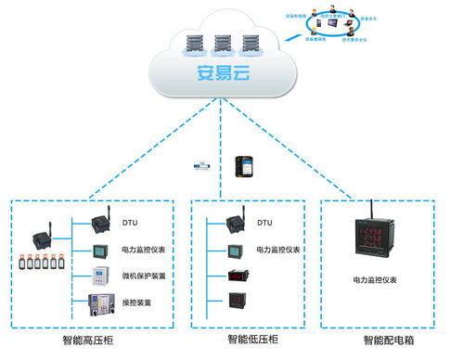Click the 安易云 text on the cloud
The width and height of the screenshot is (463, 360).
click(x=221, y=74)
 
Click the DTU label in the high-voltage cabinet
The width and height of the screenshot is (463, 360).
click(x=131, y=224)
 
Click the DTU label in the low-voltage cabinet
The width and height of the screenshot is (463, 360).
click(x=264, y=224)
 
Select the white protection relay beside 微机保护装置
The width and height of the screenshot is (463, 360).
click(x=100, y=276)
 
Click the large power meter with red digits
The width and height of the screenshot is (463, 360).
click(x=379, y=239)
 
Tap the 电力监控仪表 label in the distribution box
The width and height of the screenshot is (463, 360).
click(x=375, y=279)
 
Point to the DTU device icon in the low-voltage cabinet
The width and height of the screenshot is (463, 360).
click(x=236, y=223)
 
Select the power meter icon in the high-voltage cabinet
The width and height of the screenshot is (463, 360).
click(x=100, y=251)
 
